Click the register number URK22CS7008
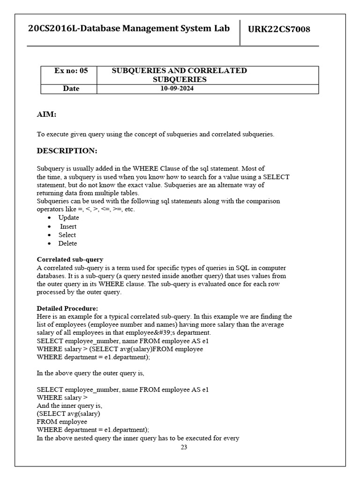click(x=279, y=30)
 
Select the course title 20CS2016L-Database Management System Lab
click(x=129, y=29)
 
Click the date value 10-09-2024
click(x=177, y=89)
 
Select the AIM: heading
click(x=47, y=114)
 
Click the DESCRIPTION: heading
click(x=67, y=151)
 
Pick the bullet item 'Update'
click(x=68, y=217)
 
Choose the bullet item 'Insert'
click(x=68, y=226)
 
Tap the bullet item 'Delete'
click(x=67, y=243)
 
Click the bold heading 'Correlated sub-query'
click(x=70, y=259)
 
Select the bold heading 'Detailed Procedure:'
click(x=67, y=308)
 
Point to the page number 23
click(x=184, y=447)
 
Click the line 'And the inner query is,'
click(x=69, y=405)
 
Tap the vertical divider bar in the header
click(x=240, y=32)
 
